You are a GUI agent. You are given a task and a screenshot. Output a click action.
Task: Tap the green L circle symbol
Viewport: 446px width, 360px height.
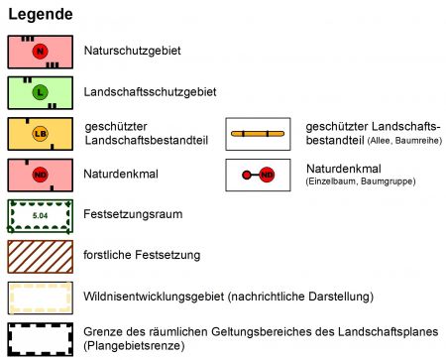[x=40, y=92]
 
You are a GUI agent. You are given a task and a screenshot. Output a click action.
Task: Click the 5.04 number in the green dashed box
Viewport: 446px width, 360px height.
[x=40, y=215]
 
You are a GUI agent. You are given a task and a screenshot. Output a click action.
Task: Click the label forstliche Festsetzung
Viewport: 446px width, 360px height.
[x=144, y=256]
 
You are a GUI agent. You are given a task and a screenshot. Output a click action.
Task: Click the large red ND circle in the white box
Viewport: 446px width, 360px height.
[x=267, y=175]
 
